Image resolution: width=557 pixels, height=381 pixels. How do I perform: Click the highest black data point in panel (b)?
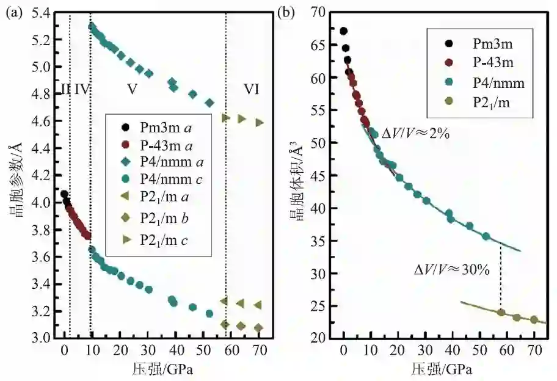coord(343,31)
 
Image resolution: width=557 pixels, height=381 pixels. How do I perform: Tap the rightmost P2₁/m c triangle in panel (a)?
coord(260,122)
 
